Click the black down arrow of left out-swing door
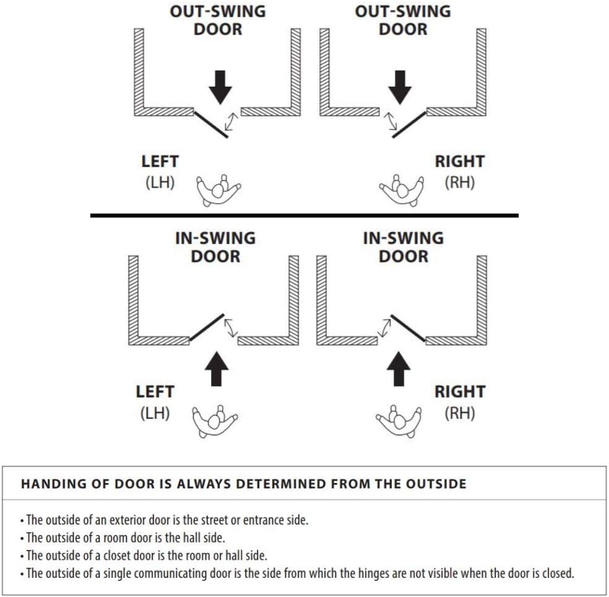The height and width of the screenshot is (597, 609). [220, 87]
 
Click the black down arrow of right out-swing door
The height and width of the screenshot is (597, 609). [400, 87]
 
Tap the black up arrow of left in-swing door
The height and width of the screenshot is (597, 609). [216, 368]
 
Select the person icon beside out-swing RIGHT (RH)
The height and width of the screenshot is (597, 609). [402, 190]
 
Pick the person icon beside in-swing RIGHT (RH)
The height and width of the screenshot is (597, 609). [398, 421]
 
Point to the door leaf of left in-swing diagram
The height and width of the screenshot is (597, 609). [207, 327]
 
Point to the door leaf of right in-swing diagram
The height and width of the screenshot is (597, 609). [408, 327]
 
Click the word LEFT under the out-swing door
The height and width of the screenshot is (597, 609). [160, 162]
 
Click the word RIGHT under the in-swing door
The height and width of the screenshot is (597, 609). [459, 392]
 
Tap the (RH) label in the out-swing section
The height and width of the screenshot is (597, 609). [459, 183]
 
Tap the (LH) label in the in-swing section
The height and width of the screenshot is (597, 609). [155, 413]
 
